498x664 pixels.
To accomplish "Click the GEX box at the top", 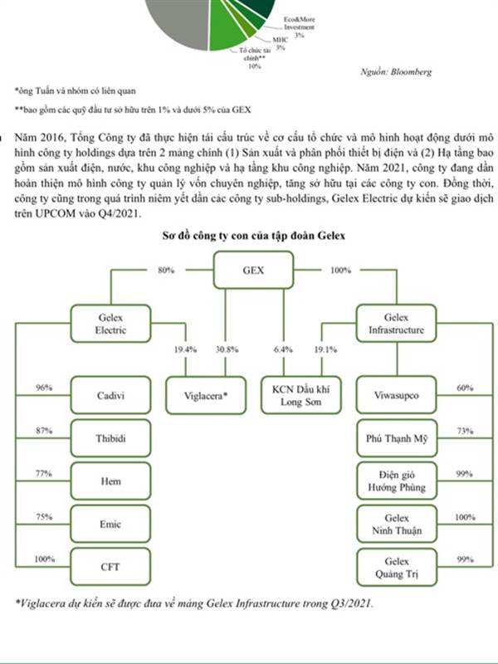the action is pyautogui.click(x=253, y=271).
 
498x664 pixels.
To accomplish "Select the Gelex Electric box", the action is pyautogui.click(x=110, y=324).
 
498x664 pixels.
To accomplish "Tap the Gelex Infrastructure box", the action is pyautogui.click(x=397, y=324).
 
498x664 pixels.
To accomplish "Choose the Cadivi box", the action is pyautogui.click(x=110, y=395).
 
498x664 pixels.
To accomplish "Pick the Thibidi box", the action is pyautogui.click(x=110, y=438).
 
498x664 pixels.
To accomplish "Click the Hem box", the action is pyautogui.click(x=110, y=481).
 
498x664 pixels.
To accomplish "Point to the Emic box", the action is pyautogui.click(x=110, y=524).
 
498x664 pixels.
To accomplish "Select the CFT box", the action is pyautogui.click(x=110, y=567).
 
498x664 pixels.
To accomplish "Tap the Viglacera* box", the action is pyautogui.click(x=206, y=396).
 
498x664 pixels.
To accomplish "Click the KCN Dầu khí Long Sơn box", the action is pyautogui.click(x=301, y=396).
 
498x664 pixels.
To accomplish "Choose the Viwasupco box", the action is pyautogui.click(x=397, y=395).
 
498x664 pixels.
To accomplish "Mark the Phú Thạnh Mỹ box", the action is pyautogui.click(x=397, y=438).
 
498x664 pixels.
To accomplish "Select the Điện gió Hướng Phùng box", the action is pyautogui.click(x=397, y=481).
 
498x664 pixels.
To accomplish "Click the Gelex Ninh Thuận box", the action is pyautogui.click(x=397, y=524).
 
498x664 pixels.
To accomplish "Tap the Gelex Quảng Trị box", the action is pyautogui.click(x=397, y=568).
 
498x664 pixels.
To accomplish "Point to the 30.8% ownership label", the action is pyautogui.click(x=227, y=349).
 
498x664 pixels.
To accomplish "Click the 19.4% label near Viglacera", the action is pyautogui.click(x=185, y=349).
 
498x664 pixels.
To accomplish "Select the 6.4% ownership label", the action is pyautogui.click(x=283, y=349).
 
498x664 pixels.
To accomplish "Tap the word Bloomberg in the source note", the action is pyautogui.click(x=411, y=71).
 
